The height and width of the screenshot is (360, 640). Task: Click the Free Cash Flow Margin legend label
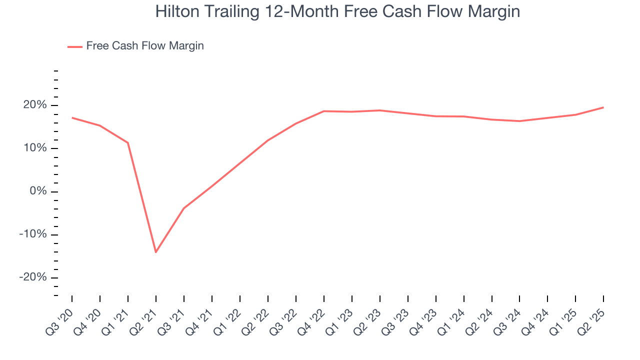click(145, 46)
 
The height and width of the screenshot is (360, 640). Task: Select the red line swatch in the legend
click(75, 46)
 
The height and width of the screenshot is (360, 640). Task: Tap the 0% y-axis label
click(38, 191)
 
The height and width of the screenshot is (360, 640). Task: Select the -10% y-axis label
click(33, 234)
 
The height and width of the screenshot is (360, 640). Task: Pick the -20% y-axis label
click(33, 278)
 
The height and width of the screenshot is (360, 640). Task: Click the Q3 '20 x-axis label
click(59, 322)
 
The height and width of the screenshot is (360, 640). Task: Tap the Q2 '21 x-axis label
click(143, 322)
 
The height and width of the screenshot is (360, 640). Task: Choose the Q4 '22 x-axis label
click(311, 322)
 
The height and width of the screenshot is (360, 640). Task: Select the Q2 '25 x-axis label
click(591, 322)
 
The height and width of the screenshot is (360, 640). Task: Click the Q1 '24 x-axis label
click(451, 322)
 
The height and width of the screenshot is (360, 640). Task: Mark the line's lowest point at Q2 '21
click(156, 252)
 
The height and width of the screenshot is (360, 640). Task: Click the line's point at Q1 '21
click(128, 142)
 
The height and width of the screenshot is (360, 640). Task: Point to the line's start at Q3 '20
click(72, 117)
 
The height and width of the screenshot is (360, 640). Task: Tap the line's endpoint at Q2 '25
click(603, 107)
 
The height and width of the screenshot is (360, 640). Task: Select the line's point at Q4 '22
click(324, 111)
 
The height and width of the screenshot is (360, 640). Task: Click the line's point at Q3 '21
click(184, 208)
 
